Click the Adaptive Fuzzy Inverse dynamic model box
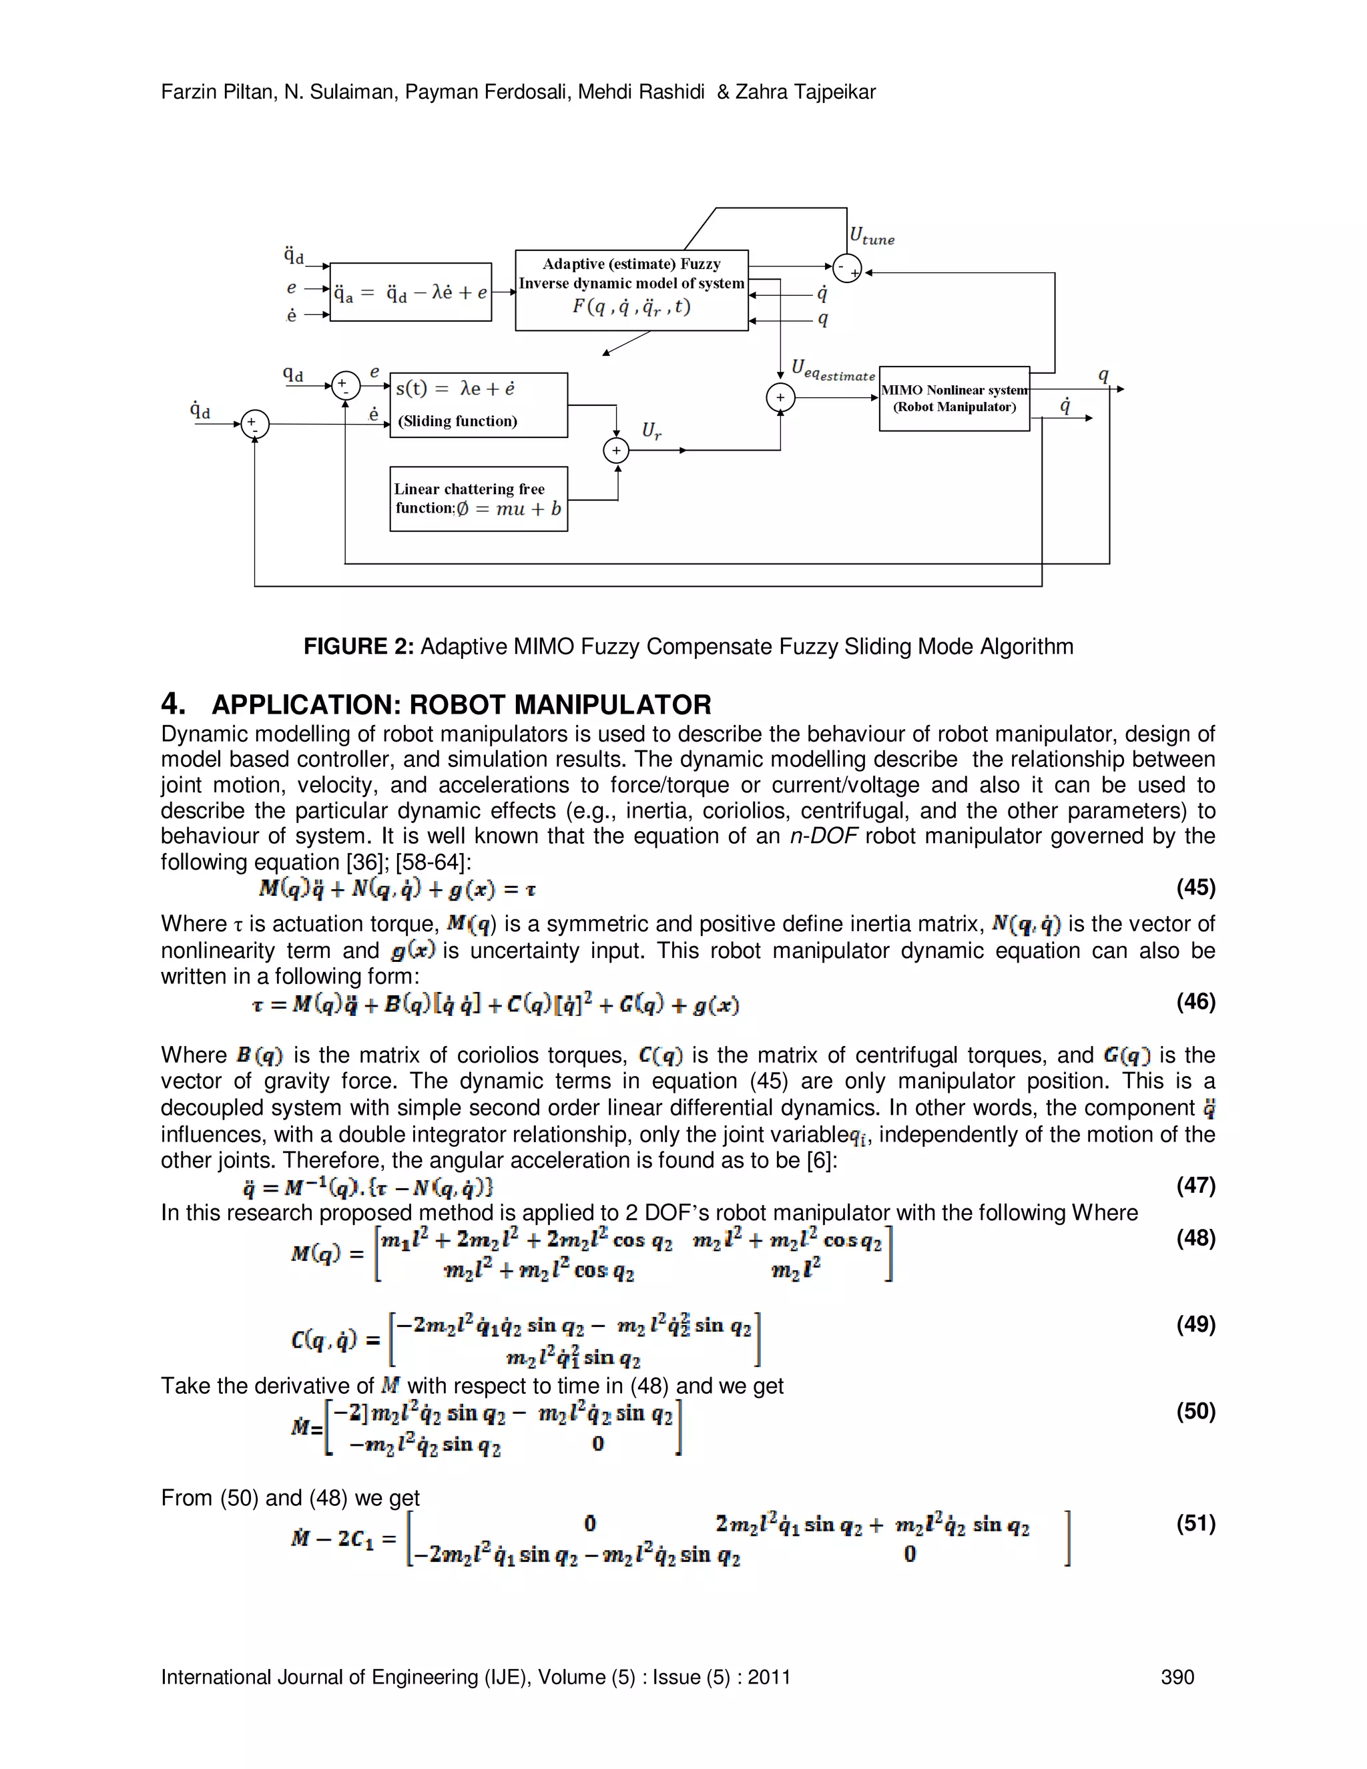click(631, 290)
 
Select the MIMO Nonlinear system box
click(954, 399)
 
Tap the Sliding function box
click(479, 405)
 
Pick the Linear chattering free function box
click(479, 499)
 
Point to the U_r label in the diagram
click(651, 431)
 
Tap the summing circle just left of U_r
click(616, 451)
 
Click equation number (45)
click(1195, 888)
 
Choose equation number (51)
click(1195, 1523)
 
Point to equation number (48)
click(1195, 1238)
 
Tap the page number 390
click(1177, 1677)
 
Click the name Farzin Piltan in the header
click(216, 92)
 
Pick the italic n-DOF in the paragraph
click(823, 836)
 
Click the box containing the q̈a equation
click(411, 292)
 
